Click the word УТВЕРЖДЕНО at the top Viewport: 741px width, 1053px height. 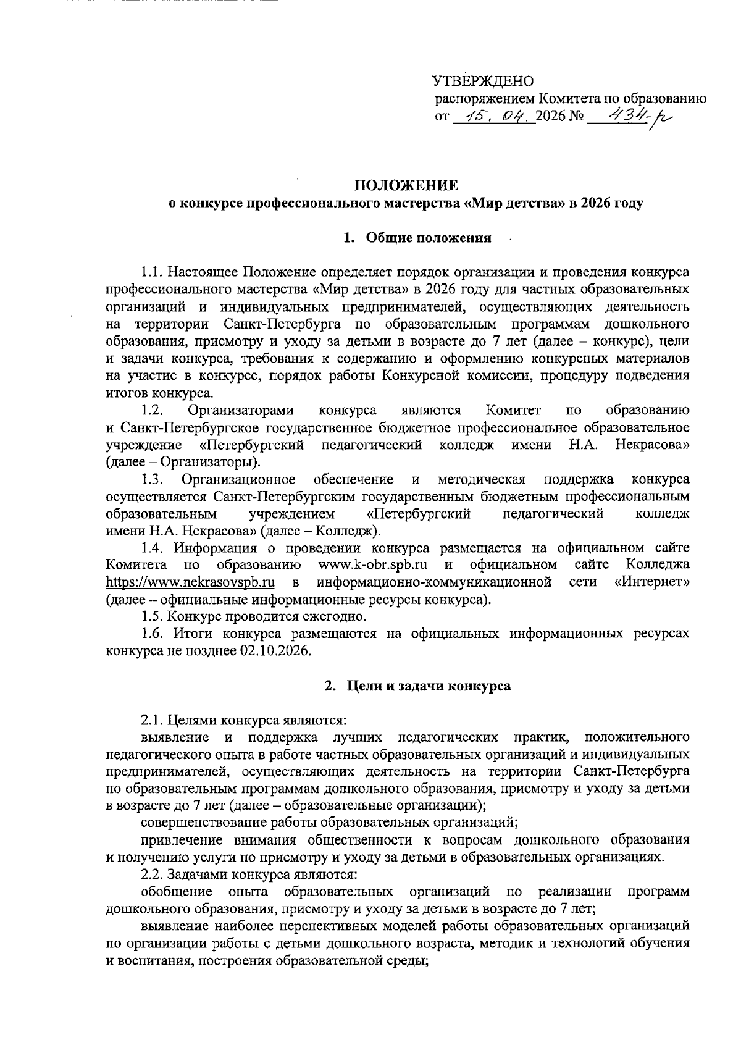pyautogui.click(x=482, y=81)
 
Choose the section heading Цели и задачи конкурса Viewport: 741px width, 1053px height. pyautogui.click(x=428, y=686)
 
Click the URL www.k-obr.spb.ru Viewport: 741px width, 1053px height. pyautogui.click(x=372, y=564)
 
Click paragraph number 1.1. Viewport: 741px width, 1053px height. pyautogui.click(x=151, y=271)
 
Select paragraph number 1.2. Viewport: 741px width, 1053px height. pyautogui.click(x=151, y=410)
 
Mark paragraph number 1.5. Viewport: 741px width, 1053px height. pyautogui.click(x=151, y=616)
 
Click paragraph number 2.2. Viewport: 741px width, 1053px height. pyautogui.click(x=151, y=875)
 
